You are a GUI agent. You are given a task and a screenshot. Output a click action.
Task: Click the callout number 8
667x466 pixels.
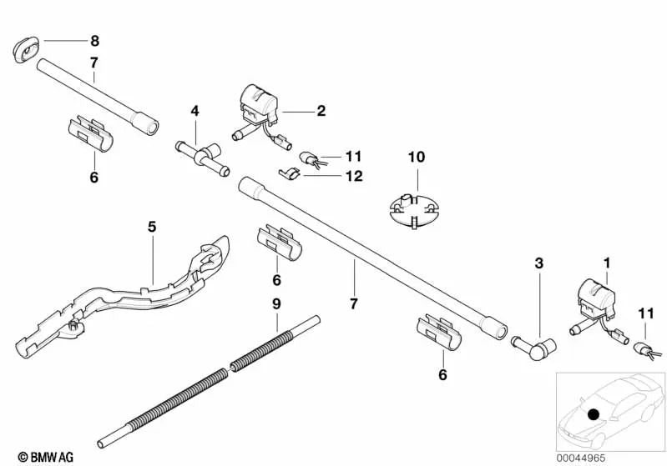[94, 40]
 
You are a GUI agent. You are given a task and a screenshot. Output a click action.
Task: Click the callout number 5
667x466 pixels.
[151, 226]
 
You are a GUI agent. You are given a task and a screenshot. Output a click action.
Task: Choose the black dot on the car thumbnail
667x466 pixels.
[594, 413]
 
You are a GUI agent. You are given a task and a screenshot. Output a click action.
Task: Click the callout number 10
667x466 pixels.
[416, 156]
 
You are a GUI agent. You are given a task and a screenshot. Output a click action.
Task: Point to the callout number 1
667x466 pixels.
[607, 263]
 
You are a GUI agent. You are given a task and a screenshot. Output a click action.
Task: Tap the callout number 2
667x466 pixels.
[321, 109]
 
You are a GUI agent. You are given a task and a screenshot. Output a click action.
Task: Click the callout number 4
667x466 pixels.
[195, 110]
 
